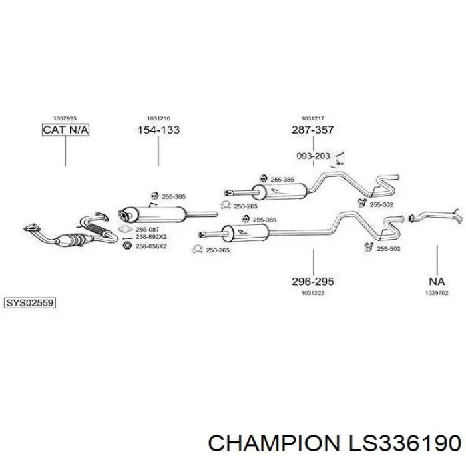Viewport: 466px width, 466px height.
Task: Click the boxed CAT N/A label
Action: tap(65, 130)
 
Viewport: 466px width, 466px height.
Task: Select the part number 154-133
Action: tap(158, 130)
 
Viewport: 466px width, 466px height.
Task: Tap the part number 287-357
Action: tap(313, 130)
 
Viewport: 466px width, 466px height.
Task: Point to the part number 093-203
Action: tap(314, 156)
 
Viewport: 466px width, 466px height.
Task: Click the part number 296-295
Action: tap(313, 281)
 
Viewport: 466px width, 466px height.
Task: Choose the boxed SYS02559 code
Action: tap(30, 303)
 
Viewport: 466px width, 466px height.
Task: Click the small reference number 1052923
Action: tap(65, 118)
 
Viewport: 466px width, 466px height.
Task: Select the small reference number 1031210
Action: tap(158, 118)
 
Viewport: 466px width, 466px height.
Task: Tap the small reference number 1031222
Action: tap(313, 293)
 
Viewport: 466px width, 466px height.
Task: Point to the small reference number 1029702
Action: tap(437, 293)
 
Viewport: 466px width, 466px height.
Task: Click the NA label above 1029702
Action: tap(437, 281)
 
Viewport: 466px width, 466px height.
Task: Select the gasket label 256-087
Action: tap(147, 230)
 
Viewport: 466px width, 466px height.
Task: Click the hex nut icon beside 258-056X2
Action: tap(127, 246)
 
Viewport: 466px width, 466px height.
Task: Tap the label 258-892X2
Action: tap(151, 237)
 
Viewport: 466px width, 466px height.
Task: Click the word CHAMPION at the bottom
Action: tap(274, 443)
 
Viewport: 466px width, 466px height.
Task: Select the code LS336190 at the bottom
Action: tap(405, 443)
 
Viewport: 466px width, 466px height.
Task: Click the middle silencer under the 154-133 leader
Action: tap(152, 214)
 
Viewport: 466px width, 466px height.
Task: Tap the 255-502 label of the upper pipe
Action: tap(381, 205)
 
